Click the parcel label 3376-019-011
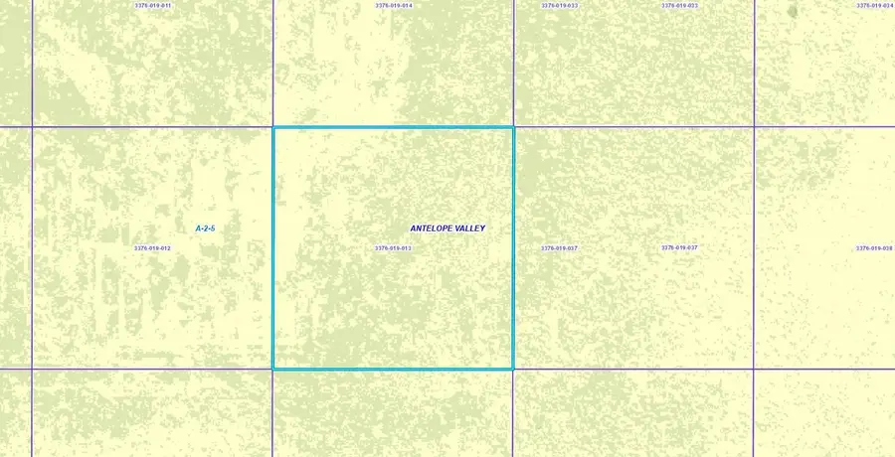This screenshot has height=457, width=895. (x=152, y=6)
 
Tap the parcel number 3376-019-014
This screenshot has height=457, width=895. (x=394, y=6)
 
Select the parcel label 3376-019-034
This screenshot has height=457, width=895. (x=875, y=6)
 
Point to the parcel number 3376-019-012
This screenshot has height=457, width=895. (x=152, y=248)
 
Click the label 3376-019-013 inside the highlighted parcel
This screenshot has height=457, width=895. (x=393, y=248)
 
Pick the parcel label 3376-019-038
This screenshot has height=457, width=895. (x=875, y=248)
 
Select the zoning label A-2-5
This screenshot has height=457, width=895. (x=205, y=228)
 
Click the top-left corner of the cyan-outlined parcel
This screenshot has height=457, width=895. (x=273, y=127)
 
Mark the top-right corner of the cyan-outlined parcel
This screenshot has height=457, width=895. (x=513, y=127)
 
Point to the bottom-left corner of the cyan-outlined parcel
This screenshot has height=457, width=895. (x=273, y=369)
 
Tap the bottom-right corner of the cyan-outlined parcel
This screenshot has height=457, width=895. (x=513, y=369)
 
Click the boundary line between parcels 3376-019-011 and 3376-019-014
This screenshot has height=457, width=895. (x=272, y=60)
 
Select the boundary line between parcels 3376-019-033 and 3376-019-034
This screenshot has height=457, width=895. (x=755, y=60)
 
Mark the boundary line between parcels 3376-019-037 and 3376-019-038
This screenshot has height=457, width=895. (x=755, y=248)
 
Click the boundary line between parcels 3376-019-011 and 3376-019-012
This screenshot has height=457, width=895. (x=152, y=127)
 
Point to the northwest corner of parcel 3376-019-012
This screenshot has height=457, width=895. (x=32, y=127)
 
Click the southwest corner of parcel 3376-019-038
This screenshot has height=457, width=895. (x=755, y=369)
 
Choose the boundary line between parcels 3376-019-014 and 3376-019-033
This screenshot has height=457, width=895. (x=514, y=60)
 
